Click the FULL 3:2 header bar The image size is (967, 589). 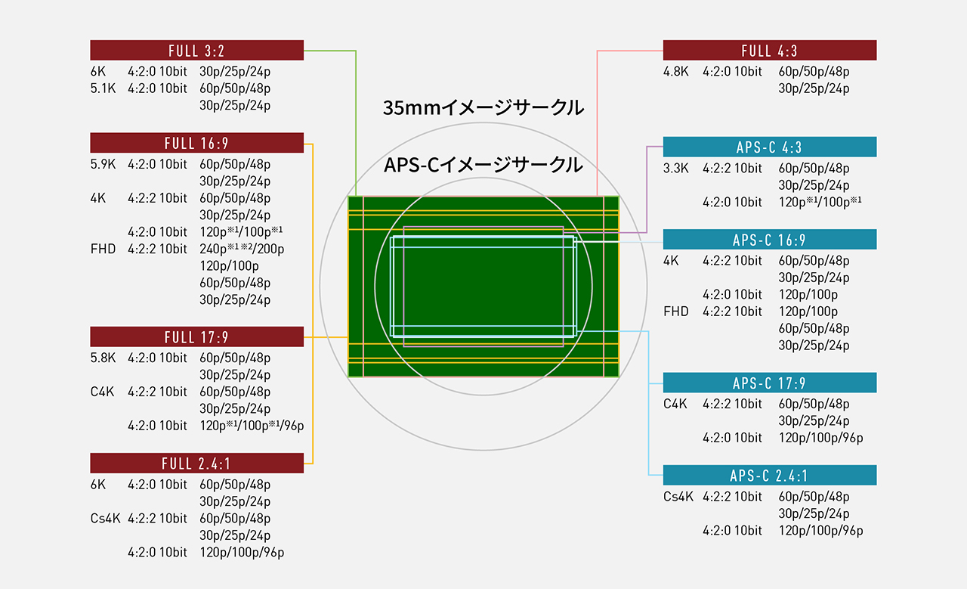point(197,50)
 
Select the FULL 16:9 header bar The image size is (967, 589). point(197,143)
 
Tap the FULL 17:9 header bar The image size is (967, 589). point(197,336)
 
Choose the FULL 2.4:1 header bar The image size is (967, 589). point(197,463)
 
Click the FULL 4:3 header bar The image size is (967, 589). point(770,50)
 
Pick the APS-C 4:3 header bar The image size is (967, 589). point(770,147)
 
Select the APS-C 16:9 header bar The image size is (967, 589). point(770,240)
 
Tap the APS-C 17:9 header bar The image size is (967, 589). point(770,383)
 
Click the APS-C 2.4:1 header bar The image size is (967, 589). point(770,476)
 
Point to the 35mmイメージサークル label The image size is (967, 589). point(483,107)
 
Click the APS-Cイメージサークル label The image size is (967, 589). point(483,165)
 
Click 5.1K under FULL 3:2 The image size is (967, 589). point(103,88)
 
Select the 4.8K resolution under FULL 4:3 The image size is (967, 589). point(676,71)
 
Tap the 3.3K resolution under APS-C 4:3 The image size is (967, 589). point(676,168)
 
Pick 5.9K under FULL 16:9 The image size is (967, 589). point(103,164)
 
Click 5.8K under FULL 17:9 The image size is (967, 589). point(103,358)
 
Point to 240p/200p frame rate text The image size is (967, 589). point(242,249)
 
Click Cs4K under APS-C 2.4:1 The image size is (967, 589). point(678,497)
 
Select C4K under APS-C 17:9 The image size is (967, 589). point(675,404)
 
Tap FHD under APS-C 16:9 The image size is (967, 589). point(676,312)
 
